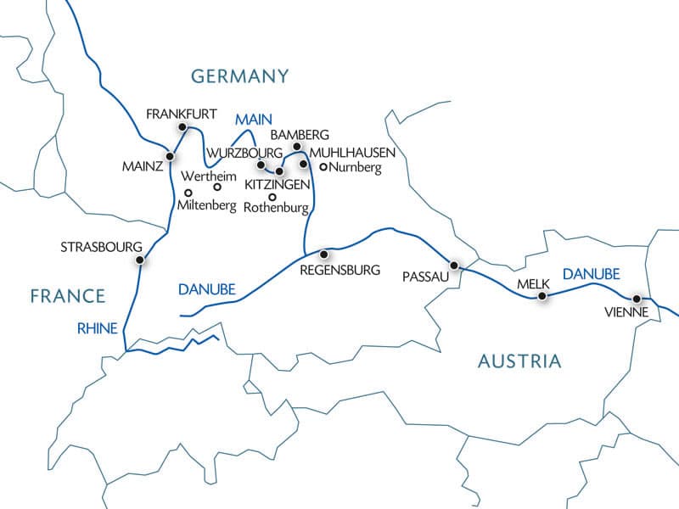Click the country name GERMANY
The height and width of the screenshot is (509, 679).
point(240,76)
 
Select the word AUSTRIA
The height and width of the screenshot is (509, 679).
point(519,361)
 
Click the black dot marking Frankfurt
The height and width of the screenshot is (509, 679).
point(181,127)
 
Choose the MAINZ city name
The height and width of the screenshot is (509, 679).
point(141,166)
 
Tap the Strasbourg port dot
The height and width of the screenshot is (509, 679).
point(140,261)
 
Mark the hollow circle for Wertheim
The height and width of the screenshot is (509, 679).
point(216,187)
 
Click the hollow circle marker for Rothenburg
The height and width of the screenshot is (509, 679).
point(272,197)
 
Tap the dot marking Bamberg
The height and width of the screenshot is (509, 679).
point(296,147)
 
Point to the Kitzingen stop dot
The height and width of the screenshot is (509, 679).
point(279,171)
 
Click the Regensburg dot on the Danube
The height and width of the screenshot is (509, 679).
point(323,254)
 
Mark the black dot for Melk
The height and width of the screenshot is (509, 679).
point(543,296)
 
